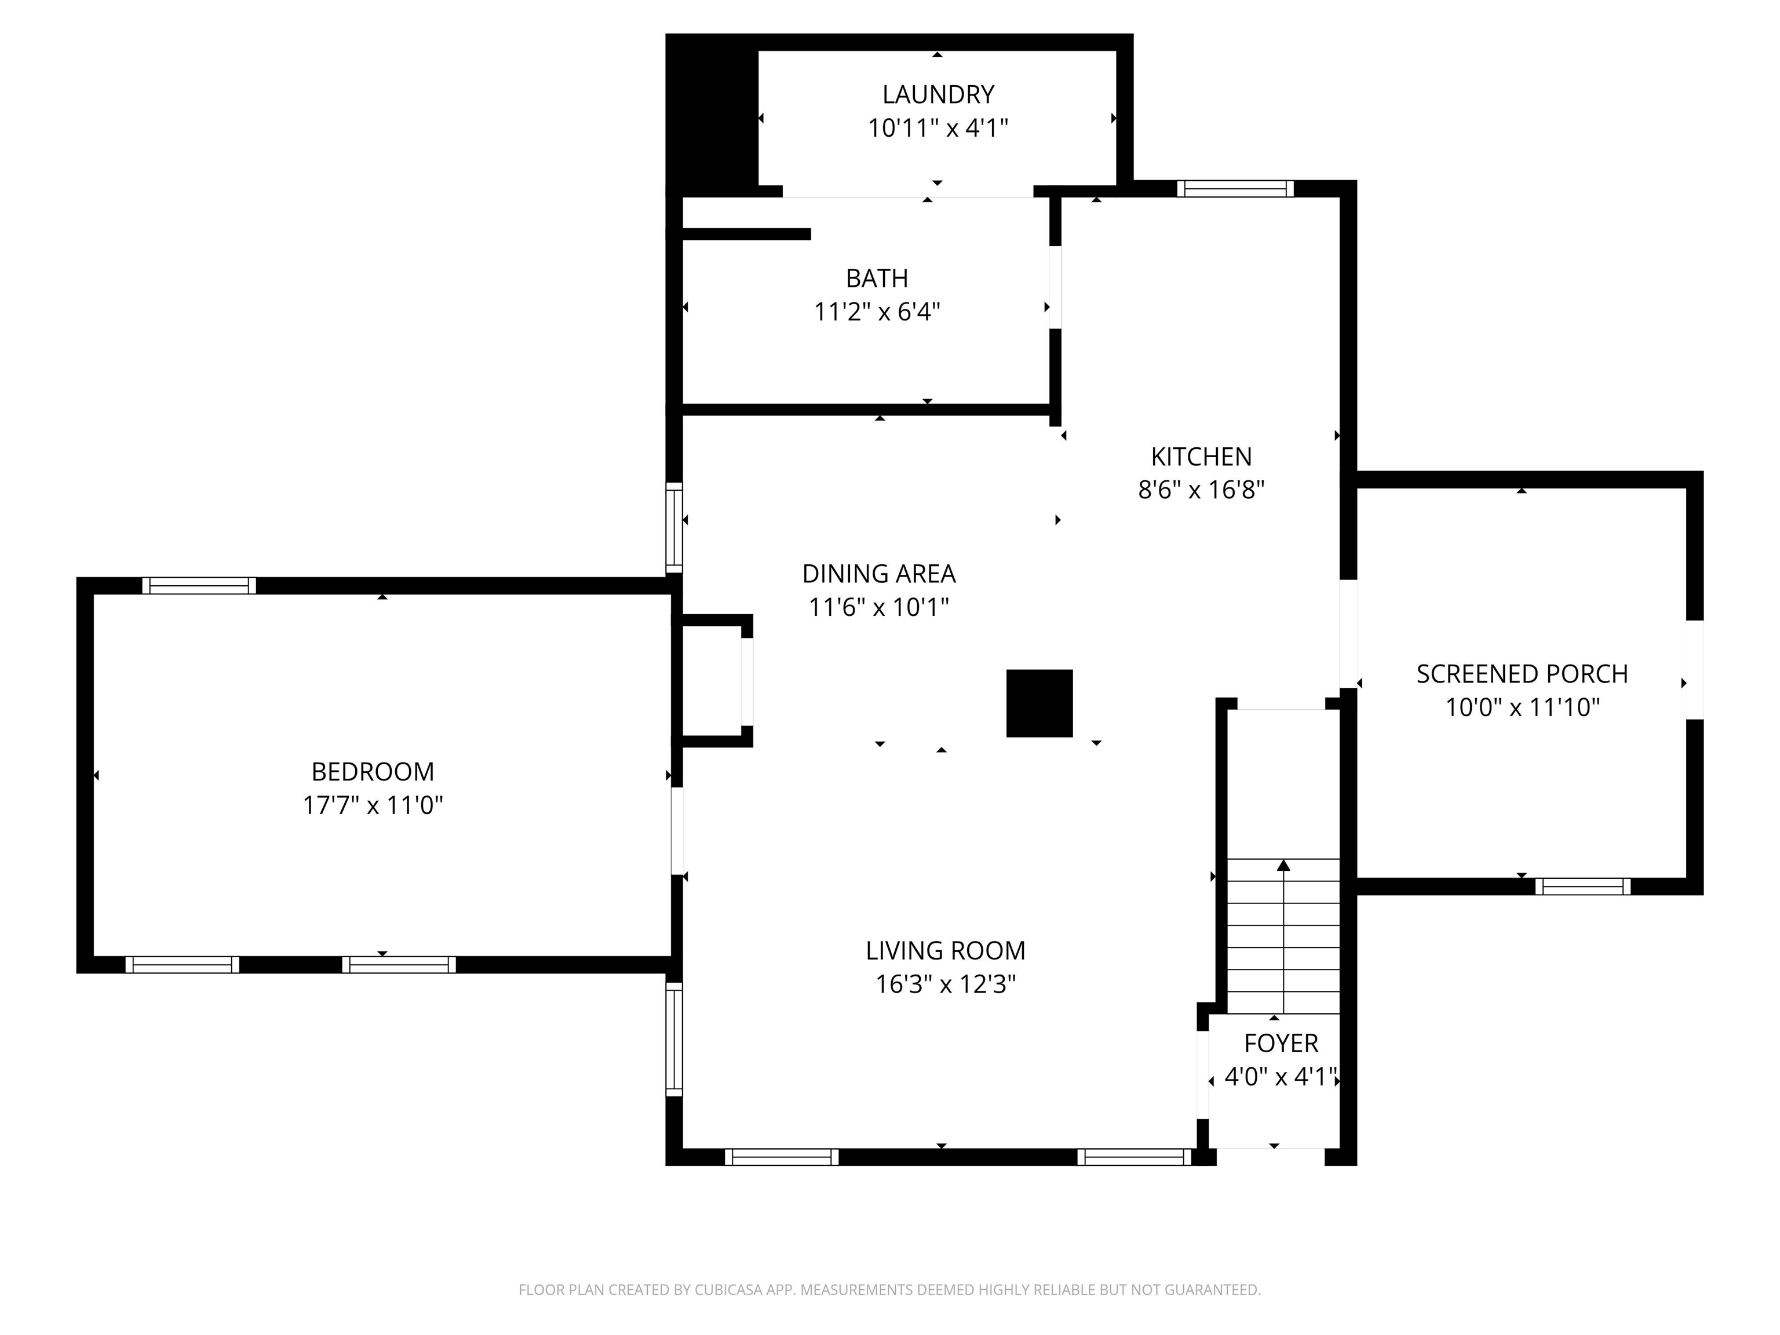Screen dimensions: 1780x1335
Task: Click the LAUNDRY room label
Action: pyautogui.click(x=938, y=95)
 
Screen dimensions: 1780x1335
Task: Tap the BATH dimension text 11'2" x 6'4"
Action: pyautogui.click(x=877, y=311)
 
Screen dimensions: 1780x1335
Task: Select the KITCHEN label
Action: pyautogui.click(x=1201, y=457)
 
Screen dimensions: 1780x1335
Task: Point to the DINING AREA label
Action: pyautogui.click(x=879, y=574)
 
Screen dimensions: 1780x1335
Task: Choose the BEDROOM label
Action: pyautogui.click(x=373, y=772)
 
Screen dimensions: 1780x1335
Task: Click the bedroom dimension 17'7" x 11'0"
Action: pyautogui.click(x=373, y=805)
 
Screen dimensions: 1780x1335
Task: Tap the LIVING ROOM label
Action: pyautogui.click(x=946, y=951)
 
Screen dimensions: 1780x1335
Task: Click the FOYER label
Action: pyautogui.click(x=1281, y=1044)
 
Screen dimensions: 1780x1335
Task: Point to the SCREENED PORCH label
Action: pyautogui.click(x=1522, y=674)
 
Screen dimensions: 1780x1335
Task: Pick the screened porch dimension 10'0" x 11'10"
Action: pyautogui.click(x=1522, y=708)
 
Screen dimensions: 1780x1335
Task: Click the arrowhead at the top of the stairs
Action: pyautogui.click(x=1283, y=865)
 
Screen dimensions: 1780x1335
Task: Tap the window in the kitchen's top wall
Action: pyautogui.click(x=1235, y=189)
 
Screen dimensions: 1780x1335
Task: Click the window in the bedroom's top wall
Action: pyautogui.click(x=199, y=586)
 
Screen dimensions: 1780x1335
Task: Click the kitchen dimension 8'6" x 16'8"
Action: pyautogui.click(x=1201, y=490)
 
